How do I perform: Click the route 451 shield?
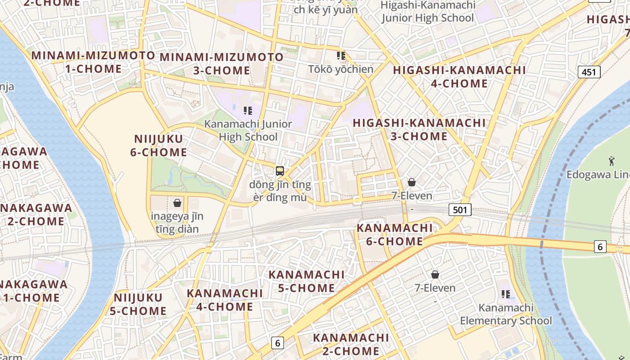pos(589,72)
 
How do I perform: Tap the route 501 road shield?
pos(460,209)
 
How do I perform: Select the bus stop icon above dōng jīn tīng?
pos(280,171)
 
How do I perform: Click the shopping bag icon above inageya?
pos(177,203)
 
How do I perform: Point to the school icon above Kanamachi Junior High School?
pos(247,110)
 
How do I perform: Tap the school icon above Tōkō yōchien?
pos(341,56)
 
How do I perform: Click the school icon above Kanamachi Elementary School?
pos(506,294)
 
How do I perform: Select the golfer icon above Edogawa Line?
pos(611,161)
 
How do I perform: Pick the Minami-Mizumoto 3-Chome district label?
pos(222,64)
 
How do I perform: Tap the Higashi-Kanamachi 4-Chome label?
pos(459,77)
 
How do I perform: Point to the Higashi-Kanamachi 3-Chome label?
pos(419,130)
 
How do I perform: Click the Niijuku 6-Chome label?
pos(158,145)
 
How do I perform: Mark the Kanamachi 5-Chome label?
pos(306,281)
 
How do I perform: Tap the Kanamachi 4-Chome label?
pos(225,300)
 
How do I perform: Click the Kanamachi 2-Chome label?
pos(351,344)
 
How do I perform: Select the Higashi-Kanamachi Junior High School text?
pos(427,12)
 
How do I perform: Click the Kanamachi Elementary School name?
pos(506,315)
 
